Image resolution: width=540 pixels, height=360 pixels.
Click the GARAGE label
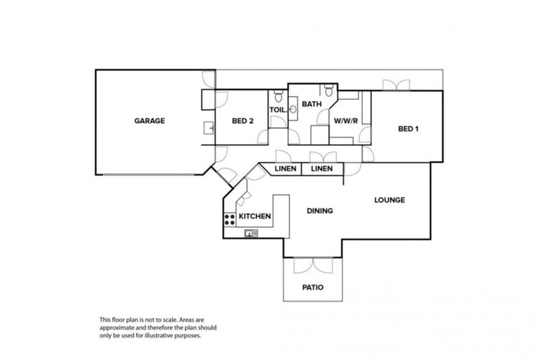click(x=149, y=120)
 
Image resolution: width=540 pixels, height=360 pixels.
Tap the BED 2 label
click(x=242, y=121)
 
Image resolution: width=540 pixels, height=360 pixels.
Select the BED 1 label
click(x=409, y=128)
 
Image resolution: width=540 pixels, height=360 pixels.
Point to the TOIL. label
click(x=277, y=110)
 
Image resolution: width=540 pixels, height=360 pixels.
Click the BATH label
click(x=311, y=104)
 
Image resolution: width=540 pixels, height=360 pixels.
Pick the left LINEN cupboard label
click(x=284, y=169)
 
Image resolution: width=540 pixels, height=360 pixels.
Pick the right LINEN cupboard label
click(x=322, y=169)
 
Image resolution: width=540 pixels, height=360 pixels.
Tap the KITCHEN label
click(x=255, y=216)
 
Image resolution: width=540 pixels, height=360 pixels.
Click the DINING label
click(x=320, y=210)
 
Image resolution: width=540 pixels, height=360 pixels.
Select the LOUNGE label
click(x=389, y=200)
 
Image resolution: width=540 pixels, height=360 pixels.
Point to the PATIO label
click(x=313, y=287)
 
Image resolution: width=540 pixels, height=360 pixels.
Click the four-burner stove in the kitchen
click(x=229, y=219)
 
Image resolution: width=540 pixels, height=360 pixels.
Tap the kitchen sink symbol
click(x=251, y=233)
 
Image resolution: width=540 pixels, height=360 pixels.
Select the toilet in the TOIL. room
click(x=278, y=97)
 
